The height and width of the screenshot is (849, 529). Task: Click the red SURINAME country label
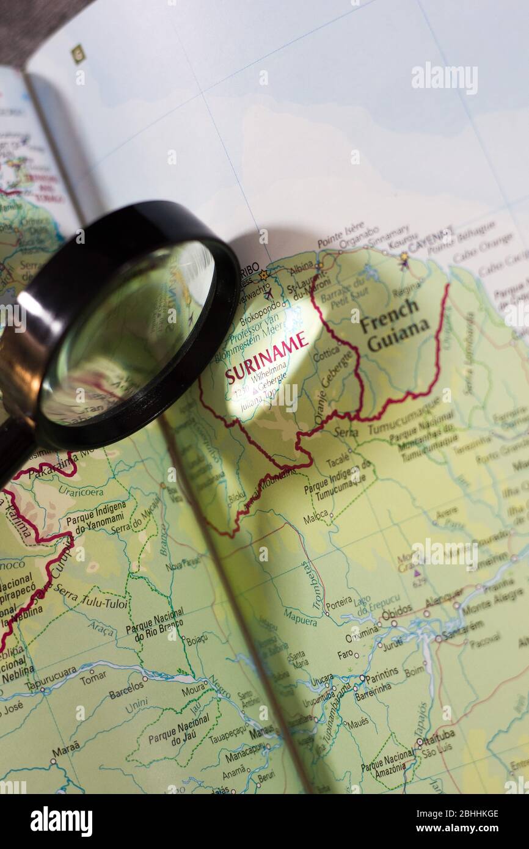pos(266,357)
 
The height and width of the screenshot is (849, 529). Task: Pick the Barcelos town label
pos(127,690)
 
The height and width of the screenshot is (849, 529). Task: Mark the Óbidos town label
pos(396,611)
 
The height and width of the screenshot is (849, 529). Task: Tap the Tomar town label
pos(93,677)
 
